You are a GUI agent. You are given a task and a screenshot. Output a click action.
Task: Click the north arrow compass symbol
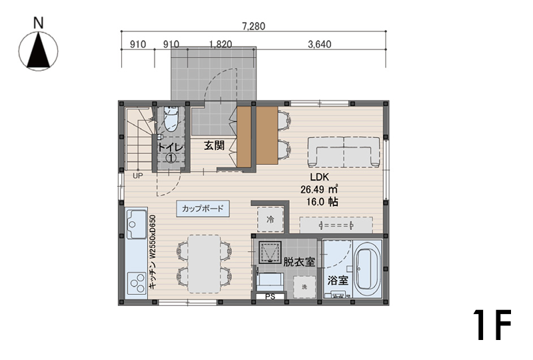(39, 51)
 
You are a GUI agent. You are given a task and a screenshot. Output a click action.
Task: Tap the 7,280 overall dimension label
(254, 26)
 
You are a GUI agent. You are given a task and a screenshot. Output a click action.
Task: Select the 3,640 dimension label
(320, 44)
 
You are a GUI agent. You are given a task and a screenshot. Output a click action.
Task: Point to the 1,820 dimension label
(221, 44)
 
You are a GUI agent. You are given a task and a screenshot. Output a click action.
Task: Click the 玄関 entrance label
(214, 145)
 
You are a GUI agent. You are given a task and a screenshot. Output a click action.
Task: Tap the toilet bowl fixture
(171, 119)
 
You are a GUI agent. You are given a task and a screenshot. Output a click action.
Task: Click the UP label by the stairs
(138, 176)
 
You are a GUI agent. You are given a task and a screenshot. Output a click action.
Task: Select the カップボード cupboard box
(203, 209)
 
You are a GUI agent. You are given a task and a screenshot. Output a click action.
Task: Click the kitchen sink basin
(137, 224)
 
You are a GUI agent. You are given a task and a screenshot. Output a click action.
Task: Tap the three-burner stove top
(137, 283)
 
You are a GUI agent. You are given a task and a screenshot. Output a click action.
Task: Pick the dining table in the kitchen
(205, 264)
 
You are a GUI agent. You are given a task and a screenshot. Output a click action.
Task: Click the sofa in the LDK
(344, 152)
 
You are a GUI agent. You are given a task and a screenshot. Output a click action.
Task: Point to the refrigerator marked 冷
(270, 219)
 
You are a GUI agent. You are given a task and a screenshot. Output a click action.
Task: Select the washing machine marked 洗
(304, 287)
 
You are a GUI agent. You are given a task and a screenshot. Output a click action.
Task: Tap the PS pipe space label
(270, 297)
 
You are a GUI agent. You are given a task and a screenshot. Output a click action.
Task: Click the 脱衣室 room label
(299, 262)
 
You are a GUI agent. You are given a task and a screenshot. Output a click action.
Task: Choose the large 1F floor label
(492, 325)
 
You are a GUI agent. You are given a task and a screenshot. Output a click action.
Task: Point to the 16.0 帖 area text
(322, 202)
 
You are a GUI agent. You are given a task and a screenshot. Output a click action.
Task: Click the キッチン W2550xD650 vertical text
(153, 252)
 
